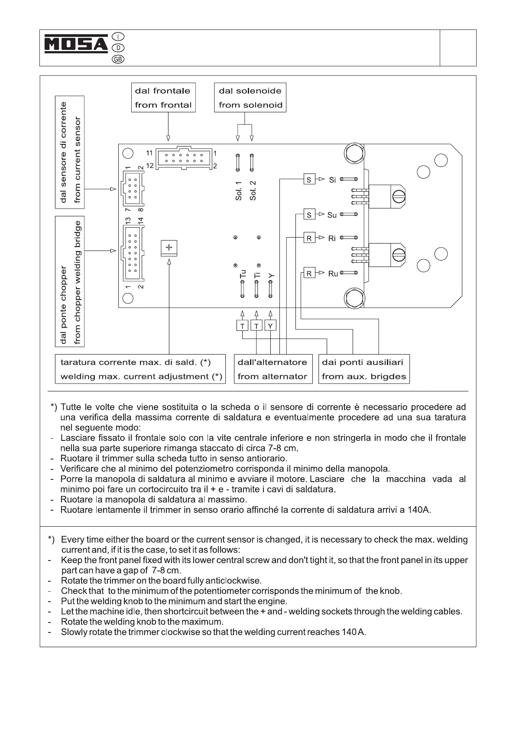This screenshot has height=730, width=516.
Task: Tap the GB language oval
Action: (118, 59)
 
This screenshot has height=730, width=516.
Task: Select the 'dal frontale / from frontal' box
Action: (163, 98)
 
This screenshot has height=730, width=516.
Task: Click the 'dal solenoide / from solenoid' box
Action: (250, 98)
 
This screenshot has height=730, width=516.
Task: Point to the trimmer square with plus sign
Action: (169, 248)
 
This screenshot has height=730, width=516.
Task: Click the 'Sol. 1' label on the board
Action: (239, 191)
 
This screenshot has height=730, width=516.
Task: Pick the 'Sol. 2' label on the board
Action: (253, 191)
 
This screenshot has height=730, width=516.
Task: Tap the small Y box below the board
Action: (270, 326)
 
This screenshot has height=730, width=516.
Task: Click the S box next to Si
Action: (309, 179)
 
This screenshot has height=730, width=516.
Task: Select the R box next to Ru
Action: (309, 273)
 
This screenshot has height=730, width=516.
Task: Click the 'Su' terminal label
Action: (332, 215)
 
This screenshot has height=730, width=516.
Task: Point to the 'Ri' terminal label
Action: (332, 238)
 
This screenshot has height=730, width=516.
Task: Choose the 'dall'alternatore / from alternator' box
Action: (273, 369)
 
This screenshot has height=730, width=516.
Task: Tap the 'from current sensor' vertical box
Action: (70, 152)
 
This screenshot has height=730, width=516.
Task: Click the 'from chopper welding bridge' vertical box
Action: (70, 282)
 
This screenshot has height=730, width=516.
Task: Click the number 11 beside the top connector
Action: (149, 153)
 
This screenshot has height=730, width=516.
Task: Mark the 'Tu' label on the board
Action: (243, 274)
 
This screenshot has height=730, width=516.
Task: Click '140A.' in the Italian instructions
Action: (419, 510)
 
